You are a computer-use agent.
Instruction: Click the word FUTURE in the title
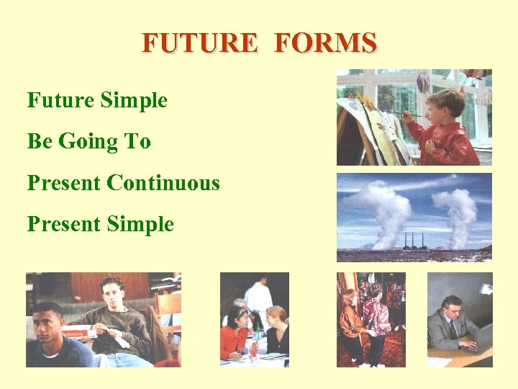tap(199, 43)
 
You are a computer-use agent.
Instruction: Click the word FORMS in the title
tap(325, 43)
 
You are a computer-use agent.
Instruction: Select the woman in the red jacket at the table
tap(233, 335)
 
